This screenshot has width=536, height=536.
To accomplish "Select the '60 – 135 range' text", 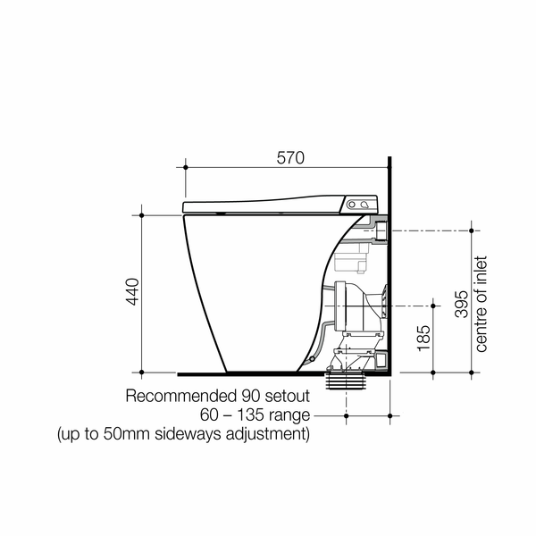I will coord(255,415).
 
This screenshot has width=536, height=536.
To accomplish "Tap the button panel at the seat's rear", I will coord(361,205).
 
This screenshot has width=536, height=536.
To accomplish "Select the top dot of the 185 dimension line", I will coord(434,306).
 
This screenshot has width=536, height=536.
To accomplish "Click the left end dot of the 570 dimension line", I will coord(186,167).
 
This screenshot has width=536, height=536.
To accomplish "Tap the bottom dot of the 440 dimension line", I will coord(142,372).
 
